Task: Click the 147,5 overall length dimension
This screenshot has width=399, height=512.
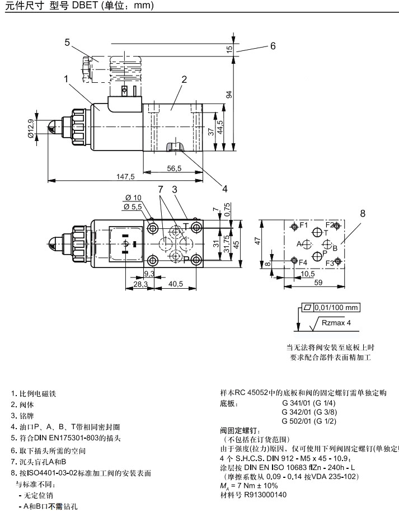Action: pyautogui.click(x=125, y=177)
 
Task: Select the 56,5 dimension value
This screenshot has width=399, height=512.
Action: pyautogui.click(x=174, y=168)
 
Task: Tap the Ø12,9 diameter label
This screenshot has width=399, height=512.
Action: pyautogui.click(x=30, y=129)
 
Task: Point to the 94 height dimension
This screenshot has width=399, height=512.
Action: pyautogui.click(x=229, y=95)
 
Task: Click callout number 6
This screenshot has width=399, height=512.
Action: pyautogui.click(x=273, y=46)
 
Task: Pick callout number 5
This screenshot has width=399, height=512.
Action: pyautogui.click(x=67, y=43)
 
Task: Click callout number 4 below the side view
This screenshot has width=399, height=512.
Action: pyautogui.click(x=224, y=189)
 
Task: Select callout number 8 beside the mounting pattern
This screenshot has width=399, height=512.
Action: pyautogui.click(x=363, y=214)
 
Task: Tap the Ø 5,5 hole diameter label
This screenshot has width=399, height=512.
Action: pyautogui.click(x=133, y=206)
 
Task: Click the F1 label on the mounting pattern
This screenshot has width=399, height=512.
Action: pyautogui.click(x=304, y=225)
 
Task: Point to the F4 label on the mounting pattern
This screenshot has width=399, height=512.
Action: pyautogui.click(x=303, y=262)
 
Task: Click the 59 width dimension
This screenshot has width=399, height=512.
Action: pyautogui.click(x=318, y=283)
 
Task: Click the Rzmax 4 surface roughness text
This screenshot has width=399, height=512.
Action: pyautogui.click(x=336, y=323)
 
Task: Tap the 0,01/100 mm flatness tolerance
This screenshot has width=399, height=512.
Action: pyautogui.click(x=336, y=307)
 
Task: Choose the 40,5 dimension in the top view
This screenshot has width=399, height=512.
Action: pyautogui.click(x=176, y=284)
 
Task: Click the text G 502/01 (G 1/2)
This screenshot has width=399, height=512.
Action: pyautogui.click(x=309, y=421)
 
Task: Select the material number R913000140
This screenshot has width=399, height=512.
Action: pyautogui.click(x=265, y=495)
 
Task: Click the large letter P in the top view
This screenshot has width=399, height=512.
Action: pyautogui.click(x=186, y=260)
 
